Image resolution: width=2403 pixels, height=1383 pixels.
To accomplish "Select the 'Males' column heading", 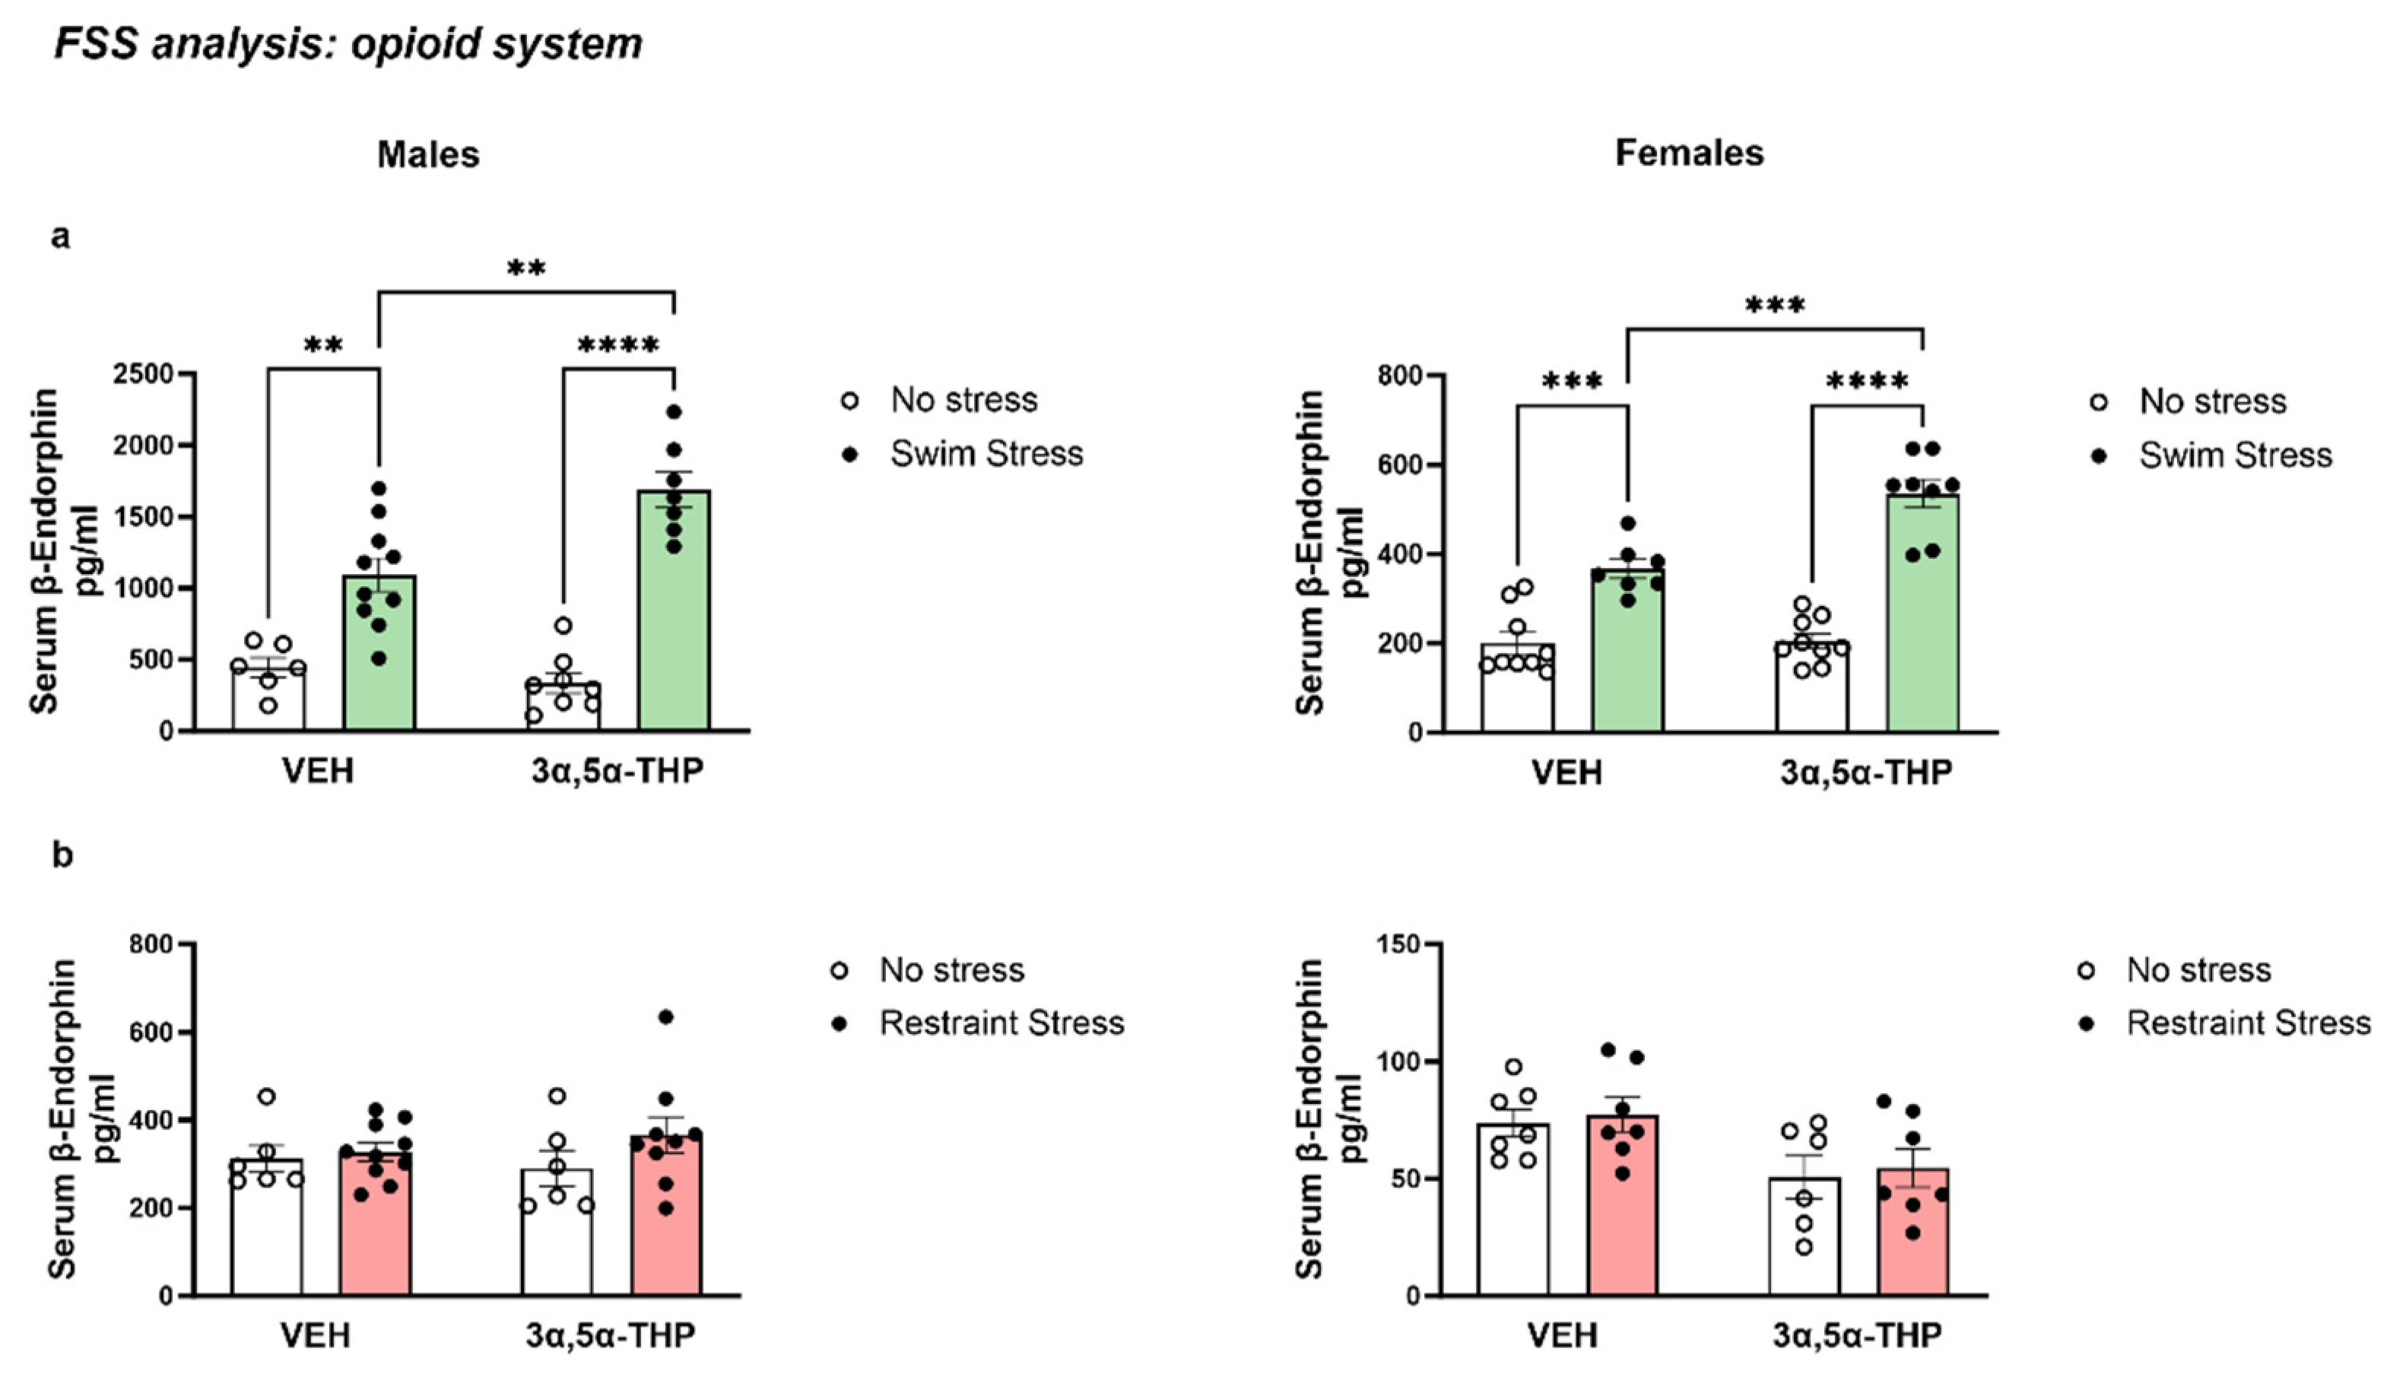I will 428,154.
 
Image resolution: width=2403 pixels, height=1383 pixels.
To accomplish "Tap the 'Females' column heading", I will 1689,153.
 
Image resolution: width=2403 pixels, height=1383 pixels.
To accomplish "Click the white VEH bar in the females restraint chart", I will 1513,1216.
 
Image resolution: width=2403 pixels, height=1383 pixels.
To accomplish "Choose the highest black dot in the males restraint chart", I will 666,1017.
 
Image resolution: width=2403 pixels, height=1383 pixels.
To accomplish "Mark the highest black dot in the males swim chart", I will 674,412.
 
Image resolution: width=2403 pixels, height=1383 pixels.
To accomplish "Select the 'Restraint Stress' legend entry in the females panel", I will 2248,1023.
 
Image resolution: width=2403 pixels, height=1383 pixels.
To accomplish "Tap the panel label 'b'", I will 62,856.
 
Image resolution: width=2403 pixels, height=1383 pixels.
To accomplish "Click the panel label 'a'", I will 61,236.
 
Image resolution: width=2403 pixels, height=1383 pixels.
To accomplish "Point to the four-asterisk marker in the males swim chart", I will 617,346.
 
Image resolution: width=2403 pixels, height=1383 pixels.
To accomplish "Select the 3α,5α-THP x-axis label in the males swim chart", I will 617,770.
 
